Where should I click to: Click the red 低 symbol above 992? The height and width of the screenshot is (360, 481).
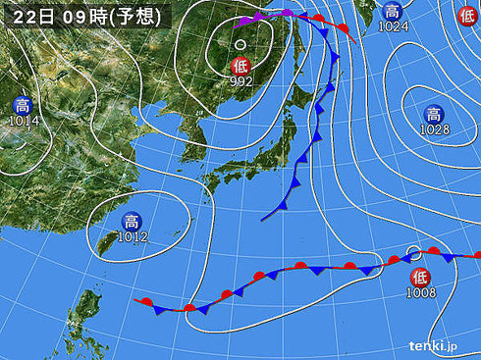240,66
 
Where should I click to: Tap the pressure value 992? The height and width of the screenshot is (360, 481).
241,81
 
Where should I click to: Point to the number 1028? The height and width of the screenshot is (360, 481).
434,129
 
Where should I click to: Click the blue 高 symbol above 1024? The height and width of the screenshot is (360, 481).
392,11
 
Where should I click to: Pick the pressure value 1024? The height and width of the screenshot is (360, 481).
393,26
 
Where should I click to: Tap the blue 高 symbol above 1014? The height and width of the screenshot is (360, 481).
22,105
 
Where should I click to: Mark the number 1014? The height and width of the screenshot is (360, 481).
22,121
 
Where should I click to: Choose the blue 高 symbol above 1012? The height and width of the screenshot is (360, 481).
128,221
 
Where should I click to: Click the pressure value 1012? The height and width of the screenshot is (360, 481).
129,236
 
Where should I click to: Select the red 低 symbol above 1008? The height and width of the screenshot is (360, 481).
419,275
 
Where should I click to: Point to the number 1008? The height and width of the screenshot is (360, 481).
420,290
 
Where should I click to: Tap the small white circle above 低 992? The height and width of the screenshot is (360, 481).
240,44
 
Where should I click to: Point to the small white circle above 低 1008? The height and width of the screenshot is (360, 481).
413,251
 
